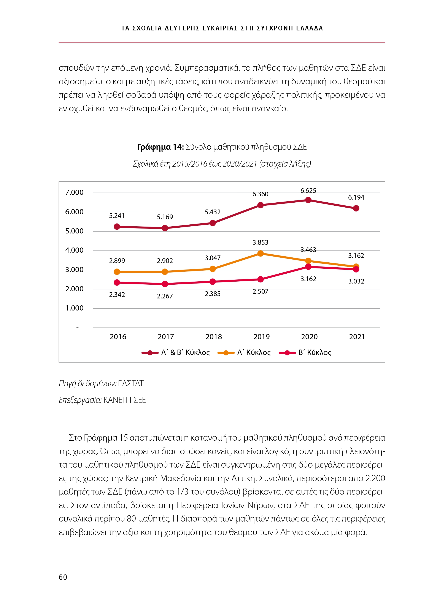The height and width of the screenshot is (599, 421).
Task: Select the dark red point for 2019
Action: (x=260, y=205)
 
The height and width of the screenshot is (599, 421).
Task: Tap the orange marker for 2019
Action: (x=260, y=253)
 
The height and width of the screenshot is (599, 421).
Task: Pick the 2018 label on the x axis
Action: (x=213, y=337)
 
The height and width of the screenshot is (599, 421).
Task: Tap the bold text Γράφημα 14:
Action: (x=160, y=147)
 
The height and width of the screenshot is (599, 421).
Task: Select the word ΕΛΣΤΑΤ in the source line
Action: (x=131, y=383)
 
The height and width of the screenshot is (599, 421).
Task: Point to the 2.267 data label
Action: (x=165, y=296)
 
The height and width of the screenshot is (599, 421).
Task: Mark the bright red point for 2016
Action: (x=117, y=282)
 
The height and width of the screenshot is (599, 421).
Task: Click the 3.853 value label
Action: (x=260, y=243)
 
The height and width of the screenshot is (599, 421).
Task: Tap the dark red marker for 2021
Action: (x=356, y=208)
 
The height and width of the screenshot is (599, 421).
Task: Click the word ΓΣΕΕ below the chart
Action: (x=138, y=400)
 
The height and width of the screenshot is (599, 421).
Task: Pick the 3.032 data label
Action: (x=356, y=281)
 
